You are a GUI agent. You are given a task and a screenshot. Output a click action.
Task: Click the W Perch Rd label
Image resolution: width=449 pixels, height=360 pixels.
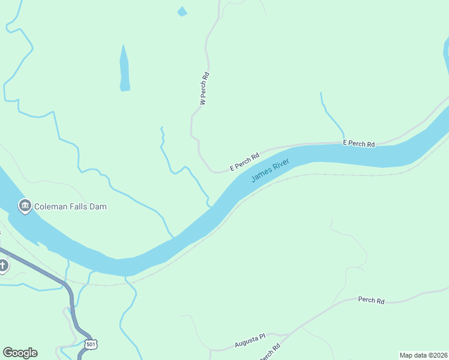204,89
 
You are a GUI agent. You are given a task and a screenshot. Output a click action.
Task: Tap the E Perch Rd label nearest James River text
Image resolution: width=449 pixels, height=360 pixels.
244,161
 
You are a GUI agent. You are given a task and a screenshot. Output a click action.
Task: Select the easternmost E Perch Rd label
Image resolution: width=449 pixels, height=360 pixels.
358,144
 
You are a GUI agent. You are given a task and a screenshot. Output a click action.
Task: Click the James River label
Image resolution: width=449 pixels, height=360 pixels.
270,170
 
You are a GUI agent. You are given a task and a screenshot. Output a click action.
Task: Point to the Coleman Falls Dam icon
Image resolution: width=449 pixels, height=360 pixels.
25,206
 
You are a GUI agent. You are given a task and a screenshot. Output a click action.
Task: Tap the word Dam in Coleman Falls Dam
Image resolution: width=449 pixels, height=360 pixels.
98,206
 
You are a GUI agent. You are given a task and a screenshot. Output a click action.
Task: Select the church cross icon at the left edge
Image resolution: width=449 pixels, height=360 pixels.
3,265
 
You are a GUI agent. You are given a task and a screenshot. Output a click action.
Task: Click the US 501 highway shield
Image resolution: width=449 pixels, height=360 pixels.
91,344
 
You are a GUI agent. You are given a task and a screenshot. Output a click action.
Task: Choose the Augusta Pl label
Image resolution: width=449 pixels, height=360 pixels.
249,342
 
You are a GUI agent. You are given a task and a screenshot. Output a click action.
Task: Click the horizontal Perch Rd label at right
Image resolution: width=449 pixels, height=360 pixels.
371,300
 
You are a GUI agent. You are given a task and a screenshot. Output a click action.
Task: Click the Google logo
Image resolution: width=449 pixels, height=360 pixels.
20,353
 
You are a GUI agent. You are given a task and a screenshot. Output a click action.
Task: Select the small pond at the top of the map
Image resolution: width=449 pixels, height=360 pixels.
182,11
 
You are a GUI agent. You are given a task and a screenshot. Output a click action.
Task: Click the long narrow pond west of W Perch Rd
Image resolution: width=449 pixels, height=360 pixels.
124,69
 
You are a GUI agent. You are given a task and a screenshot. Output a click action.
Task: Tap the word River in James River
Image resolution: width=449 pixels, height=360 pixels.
280,165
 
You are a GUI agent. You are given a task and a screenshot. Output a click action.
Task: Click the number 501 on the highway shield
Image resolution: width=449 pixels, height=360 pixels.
91,344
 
